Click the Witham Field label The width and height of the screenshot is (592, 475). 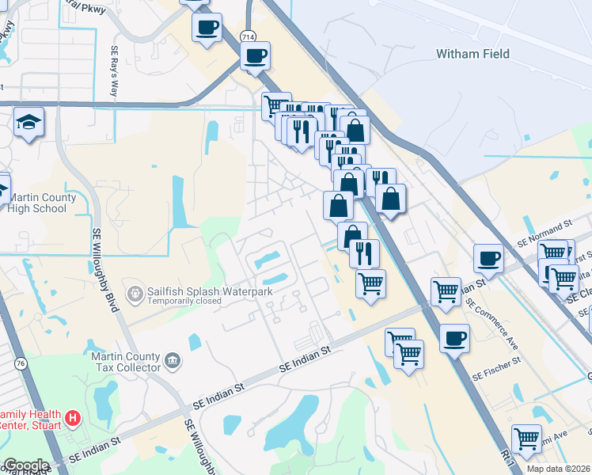click(x=472, y=55)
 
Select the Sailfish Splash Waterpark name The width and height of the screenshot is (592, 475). click(x=209, y=291)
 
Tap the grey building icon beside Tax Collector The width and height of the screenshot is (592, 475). click(x=172, y=363)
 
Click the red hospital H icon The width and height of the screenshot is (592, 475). click(x=73, y=416)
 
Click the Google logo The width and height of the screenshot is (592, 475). click(x=25, y=465)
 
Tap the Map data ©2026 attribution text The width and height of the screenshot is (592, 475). click(x=558, y=469)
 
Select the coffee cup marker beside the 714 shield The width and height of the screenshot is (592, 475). click(x=255, y=56)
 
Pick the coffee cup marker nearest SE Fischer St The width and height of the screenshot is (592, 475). click(x=454, y=339)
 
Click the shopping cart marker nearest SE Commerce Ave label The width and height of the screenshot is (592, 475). click(x=446, y=291)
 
